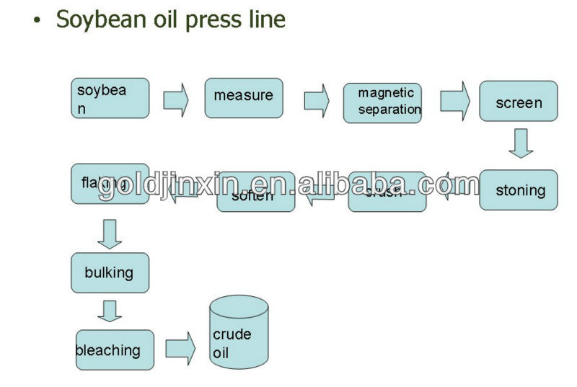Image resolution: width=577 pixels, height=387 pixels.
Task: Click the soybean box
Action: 110,98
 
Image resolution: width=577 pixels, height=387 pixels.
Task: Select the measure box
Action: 244,98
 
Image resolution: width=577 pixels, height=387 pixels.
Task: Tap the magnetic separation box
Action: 382,103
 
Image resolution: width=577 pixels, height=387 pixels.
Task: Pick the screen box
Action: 518,101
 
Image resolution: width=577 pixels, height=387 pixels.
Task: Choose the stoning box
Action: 518,190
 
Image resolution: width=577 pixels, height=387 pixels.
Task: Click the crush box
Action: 387,192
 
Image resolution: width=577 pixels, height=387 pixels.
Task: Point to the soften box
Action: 255,192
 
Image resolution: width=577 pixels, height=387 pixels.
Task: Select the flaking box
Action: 110,184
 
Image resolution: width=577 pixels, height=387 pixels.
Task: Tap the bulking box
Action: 110,272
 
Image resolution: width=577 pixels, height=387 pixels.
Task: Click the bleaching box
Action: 115,350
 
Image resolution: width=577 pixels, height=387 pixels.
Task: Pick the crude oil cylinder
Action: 238,334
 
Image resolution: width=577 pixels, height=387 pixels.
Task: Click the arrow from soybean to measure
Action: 176,99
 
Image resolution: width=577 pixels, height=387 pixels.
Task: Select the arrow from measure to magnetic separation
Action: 316,99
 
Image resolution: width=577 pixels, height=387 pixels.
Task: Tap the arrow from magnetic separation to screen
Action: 454,100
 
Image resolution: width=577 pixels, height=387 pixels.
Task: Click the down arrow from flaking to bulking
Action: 110,233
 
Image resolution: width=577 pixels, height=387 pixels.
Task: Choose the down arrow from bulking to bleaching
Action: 110,311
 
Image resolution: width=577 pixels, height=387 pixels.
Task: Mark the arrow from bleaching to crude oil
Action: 180,349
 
